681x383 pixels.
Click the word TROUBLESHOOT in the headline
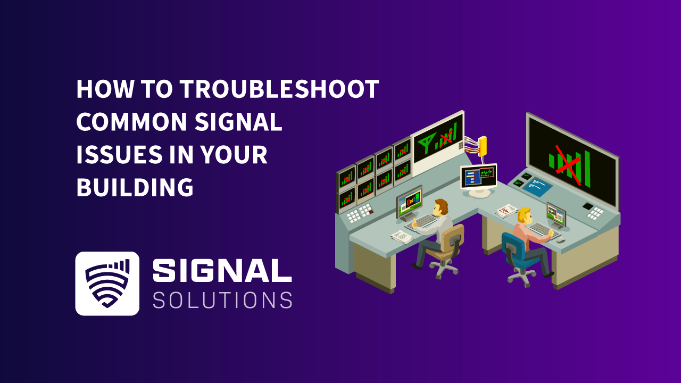(279, 89)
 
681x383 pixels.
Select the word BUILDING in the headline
(135, 187)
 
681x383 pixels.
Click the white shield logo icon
(107, 284)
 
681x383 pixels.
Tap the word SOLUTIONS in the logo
(222, 300)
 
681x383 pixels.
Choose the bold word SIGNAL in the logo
(222, 272)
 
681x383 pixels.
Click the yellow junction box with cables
(482, 145)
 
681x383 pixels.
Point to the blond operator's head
(524, 215)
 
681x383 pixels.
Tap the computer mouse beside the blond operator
(561, 240)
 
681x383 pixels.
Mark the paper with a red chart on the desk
(506, 211)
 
